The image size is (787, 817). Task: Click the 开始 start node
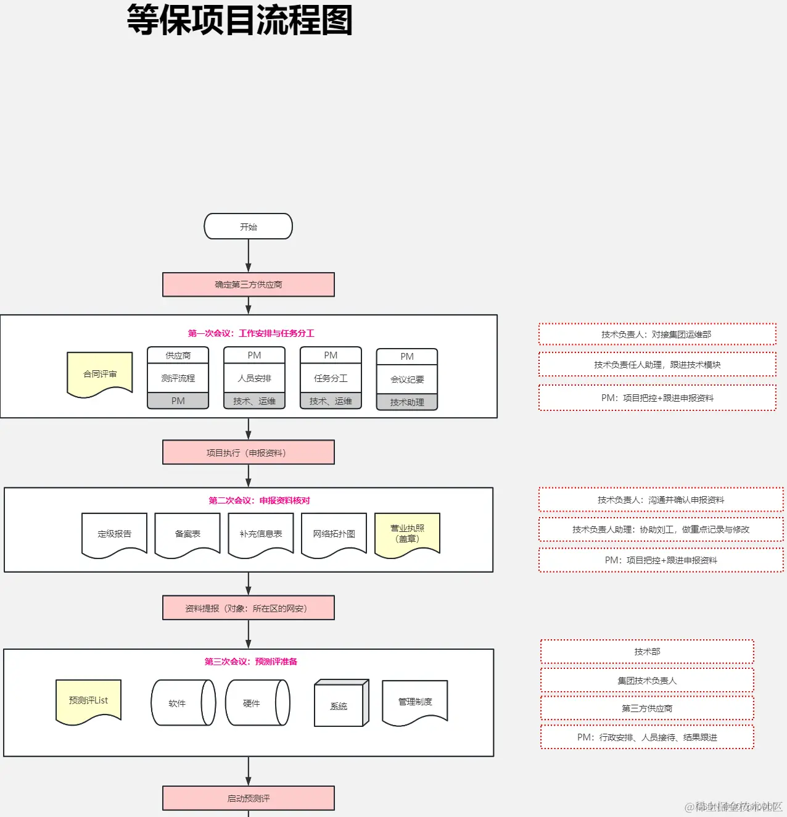(248, 226)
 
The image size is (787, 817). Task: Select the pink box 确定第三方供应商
(248, 284)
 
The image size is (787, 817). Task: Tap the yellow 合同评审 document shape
(100, 373)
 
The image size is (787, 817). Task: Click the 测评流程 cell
(178, 378)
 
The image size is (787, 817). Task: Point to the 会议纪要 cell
(407, 379)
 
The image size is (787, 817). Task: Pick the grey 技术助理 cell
(407, 402)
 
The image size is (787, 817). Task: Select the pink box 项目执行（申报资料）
(248, 452)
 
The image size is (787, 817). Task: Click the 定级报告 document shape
(114, 534)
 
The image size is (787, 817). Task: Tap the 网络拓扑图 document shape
(334, 534)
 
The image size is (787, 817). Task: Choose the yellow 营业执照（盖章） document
(407, 533)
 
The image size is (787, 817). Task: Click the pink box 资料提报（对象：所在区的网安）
(248, 608)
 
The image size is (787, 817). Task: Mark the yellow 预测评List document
(88, 700)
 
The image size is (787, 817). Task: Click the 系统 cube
(339, 705)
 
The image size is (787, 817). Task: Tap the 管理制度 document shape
(414, 702)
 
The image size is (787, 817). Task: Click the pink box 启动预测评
(248, 798)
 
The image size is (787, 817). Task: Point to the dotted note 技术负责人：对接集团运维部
(657, 334)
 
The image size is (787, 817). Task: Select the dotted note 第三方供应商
(647, 708)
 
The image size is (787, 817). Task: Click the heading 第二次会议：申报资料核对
(259, 500)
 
